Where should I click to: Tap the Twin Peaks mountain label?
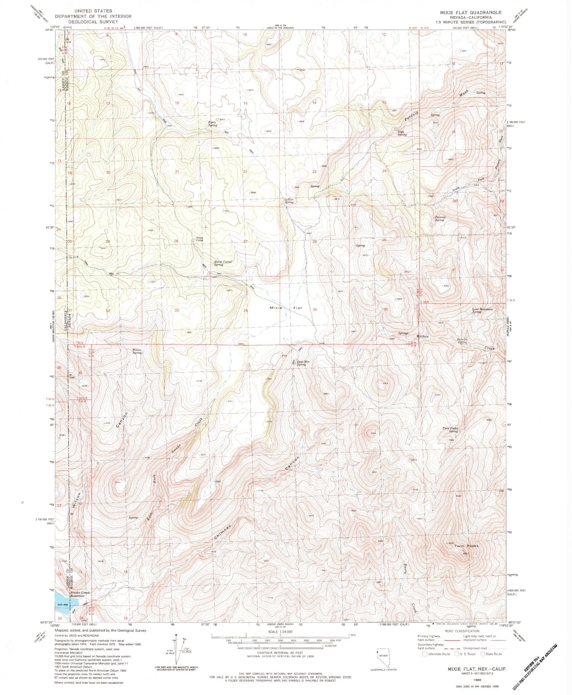tap(466, 546)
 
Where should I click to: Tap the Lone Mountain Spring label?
tap(482, 310)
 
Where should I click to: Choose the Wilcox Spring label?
tap(137, 351)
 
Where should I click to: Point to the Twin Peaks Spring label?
tap(450, 430)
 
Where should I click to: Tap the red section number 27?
tap(246, 241)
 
